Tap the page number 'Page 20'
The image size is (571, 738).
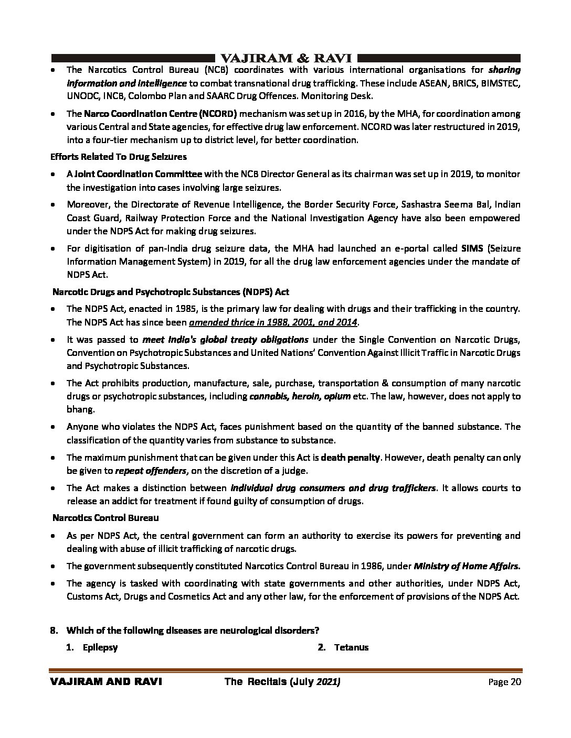pos(504,682)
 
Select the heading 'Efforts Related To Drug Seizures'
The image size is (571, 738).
pos(119,156)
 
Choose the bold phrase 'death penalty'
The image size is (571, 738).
pos(350,457)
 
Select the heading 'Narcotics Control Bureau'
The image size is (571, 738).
pos(105,518)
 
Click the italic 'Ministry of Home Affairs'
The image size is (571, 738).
pos(467,566)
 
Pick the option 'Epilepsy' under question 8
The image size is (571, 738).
pos(100,647)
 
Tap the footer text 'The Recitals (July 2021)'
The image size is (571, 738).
pos(283,682)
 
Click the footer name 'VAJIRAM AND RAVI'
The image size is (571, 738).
pos(105,682)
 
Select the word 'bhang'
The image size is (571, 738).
pos(78,409)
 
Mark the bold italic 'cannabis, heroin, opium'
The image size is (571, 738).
pos(300,396)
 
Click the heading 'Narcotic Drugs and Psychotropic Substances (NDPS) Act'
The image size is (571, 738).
pos(171,291)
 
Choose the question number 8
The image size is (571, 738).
pos(53,631)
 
